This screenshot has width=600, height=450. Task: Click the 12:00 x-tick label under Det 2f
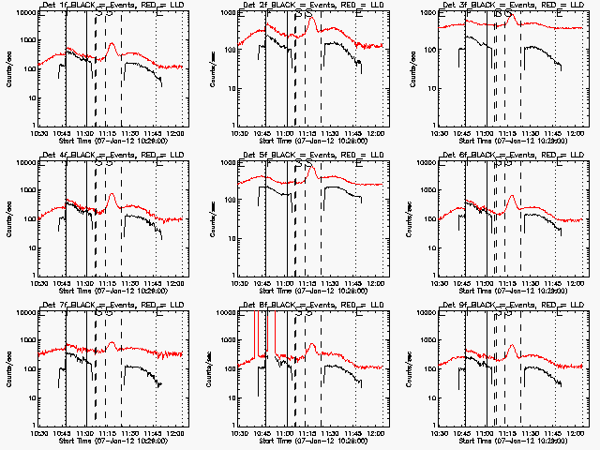pos(375,131)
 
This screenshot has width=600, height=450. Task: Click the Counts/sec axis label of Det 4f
pos(8,217)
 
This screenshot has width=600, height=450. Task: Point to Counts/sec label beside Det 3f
pos(410,67)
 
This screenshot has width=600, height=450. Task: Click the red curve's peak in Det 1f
pos(112,43)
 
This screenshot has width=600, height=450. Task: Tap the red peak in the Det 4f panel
pos(112,195)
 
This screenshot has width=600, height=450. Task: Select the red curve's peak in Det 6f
pos(512,196)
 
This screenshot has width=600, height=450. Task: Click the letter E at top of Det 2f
pos(358,13)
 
